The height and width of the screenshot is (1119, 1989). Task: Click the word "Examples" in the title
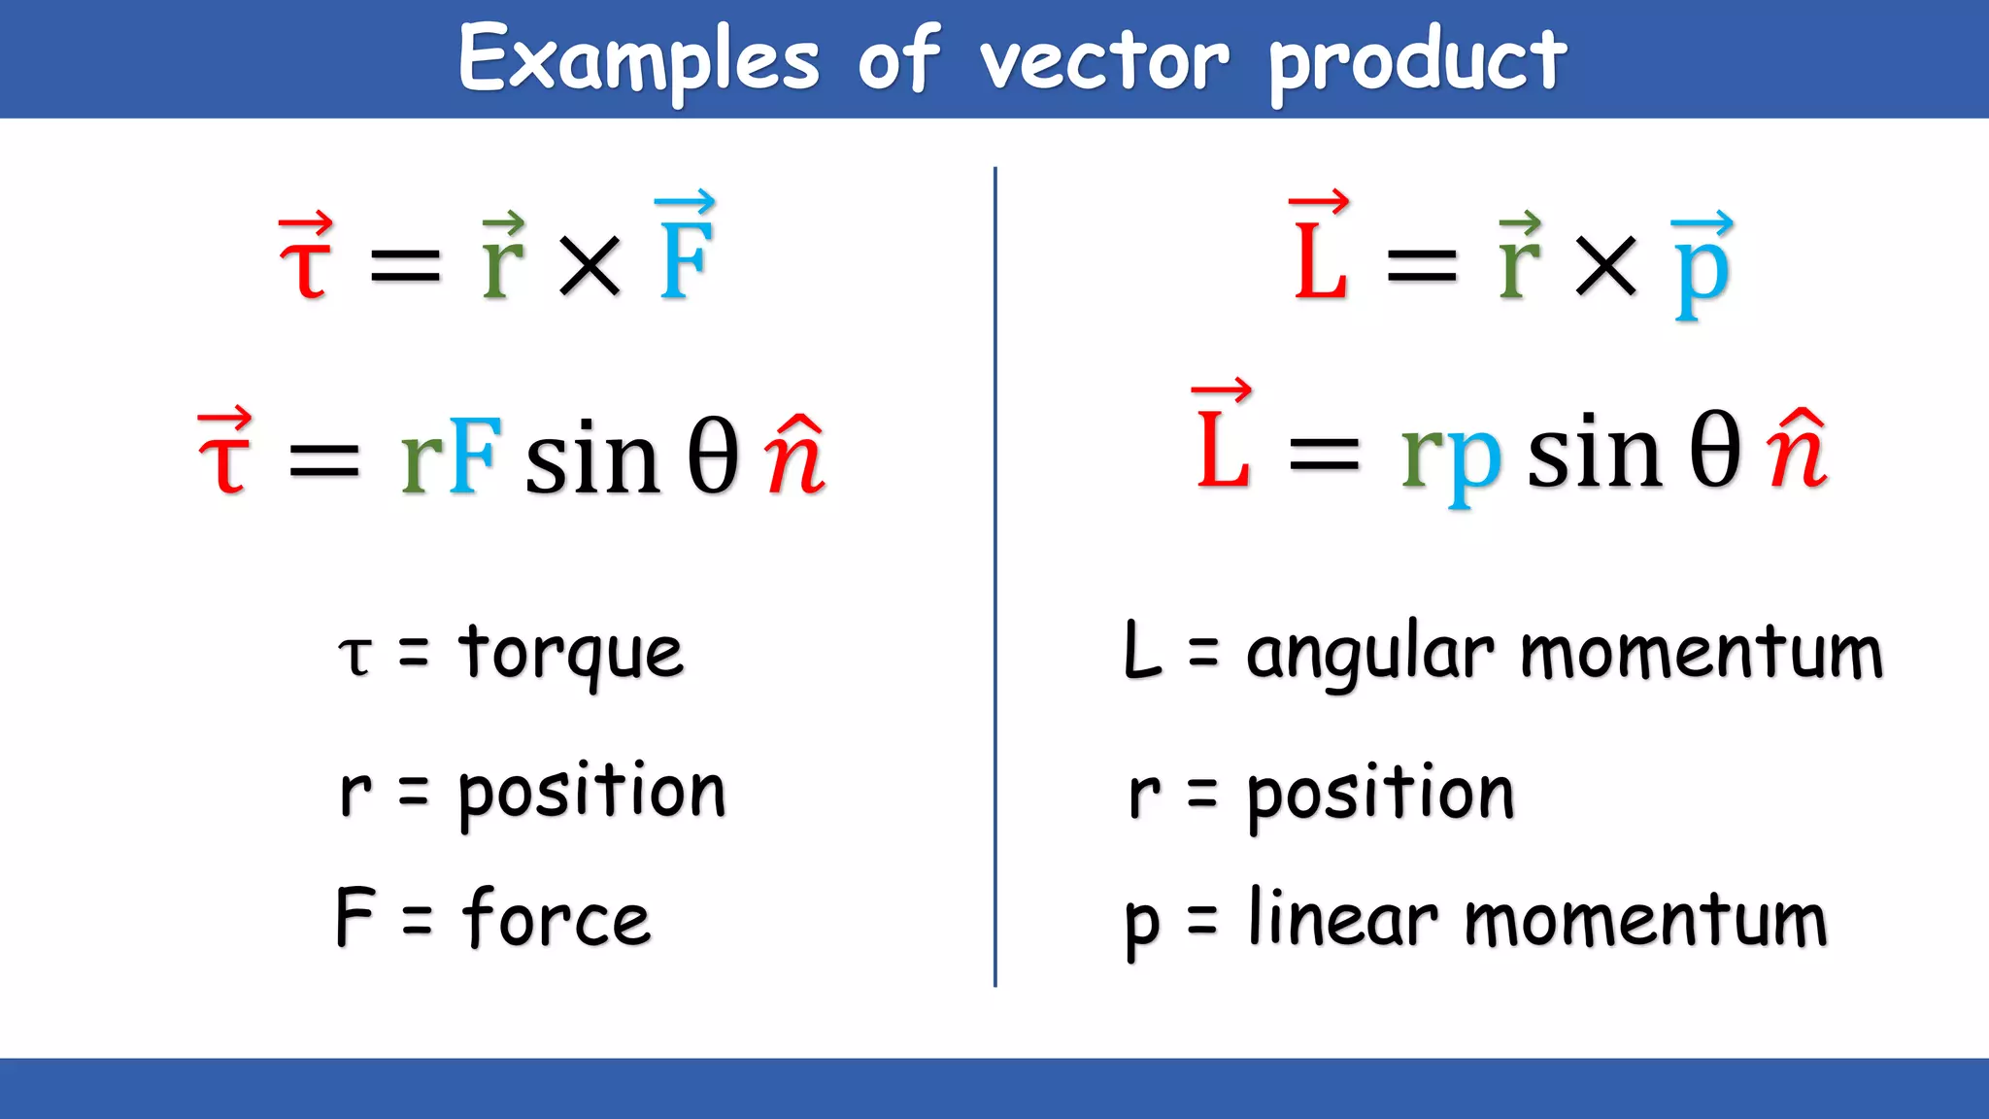[x=639, y=60]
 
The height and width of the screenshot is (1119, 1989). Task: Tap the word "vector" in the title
[x=1104, y=60]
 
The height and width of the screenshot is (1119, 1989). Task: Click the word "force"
[x=556, y=918]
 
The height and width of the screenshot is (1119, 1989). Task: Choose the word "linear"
[x=1342, y=918]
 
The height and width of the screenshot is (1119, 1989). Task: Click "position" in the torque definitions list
[x=591, y=793]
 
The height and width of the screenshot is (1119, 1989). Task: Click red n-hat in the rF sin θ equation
[x=794, y=457]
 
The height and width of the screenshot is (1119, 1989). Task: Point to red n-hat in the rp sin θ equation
[x=1797, y=452]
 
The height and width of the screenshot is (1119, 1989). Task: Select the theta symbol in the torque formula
[x=713, y=457]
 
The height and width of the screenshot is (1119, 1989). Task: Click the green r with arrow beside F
[x=503, y=258]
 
